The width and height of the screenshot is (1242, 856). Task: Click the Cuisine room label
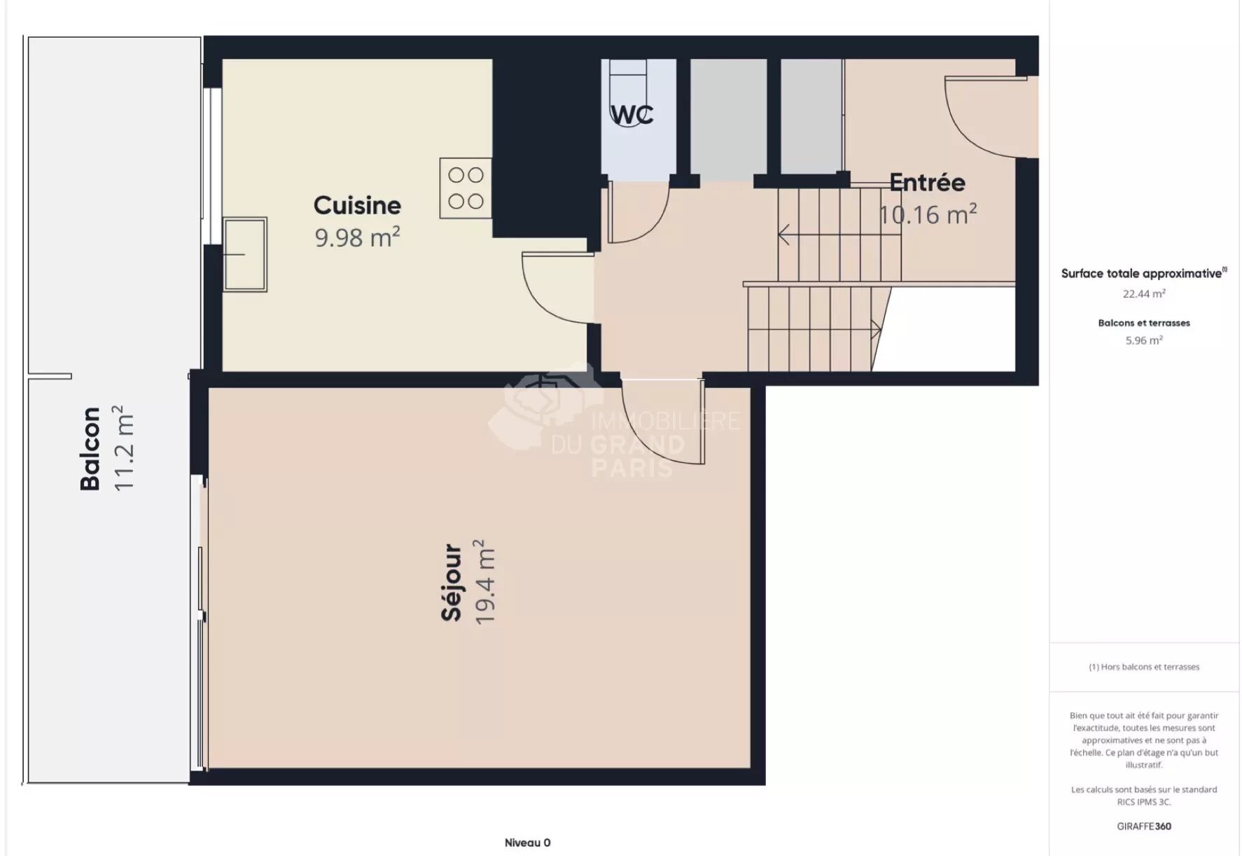pyautogui.click(x=357, y=205)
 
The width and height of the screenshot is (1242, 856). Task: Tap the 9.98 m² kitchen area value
pyautogui.click(x=357, y=237)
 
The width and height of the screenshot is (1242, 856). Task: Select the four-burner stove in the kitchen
pyautogui.click(x=466, y=188)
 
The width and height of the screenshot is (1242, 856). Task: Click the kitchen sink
pyautogui.click(x=245, y=254)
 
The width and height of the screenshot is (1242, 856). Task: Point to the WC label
pyautogui.click(x=632, y=114)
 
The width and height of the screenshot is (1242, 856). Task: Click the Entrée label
pyautogui.click(x=927, y=183)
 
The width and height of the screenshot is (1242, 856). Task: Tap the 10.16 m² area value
pyautogui.click(x=927, y=214)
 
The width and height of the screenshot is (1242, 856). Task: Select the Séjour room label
pyautogui.click(x=452, y=583)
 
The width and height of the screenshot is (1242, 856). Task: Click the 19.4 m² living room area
pyautogui.click(x=484, y=583)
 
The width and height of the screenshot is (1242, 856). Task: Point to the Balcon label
pyautogui.click(x=90, y=448)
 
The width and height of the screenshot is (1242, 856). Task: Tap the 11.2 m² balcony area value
pyautogui.click(x=123, y=448)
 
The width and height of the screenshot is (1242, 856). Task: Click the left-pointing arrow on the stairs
pyautogui.click(x=785, y=235)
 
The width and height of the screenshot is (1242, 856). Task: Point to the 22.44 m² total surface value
pyautogui.click(x=1143, y=294)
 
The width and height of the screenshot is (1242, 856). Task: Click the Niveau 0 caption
pyautogui.click(x=527, y=843)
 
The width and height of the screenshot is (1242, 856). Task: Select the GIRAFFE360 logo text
pyautogui.click(x=1143, y=827)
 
